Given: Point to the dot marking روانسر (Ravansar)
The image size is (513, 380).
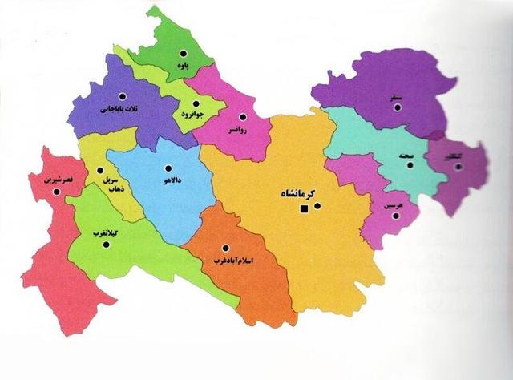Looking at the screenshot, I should click(x=242, y=117).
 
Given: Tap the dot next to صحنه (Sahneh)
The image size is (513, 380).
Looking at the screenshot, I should click(x=410, y=165).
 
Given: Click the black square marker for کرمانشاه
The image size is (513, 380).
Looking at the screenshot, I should click(x=304, y=210).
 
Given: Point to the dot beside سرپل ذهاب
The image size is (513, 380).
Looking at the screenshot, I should click(x=99, y=170).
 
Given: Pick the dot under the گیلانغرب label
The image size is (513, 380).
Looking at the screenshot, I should click(x=106, y=245).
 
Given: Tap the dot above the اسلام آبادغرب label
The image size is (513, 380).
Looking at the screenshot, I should click(x=227, y=247).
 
